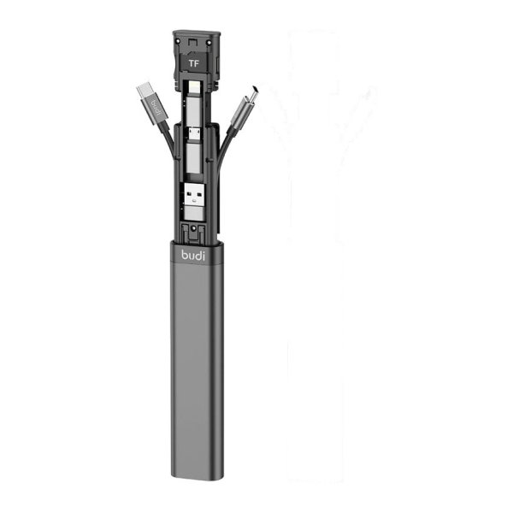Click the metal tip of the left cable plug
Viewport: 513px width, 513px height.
(144, 89)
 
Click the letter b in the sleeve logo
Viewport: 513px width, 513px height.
(184, 254)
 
